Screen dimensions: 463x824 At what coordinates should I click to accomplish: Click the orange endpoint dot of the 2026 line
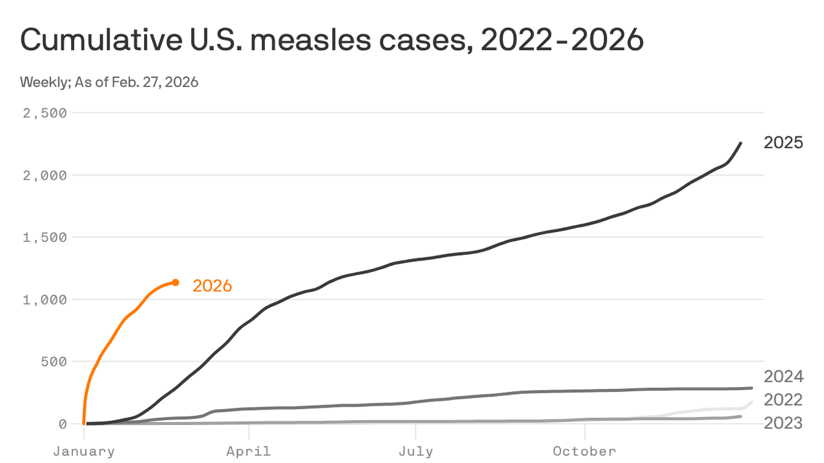pyautogui.click(x=176, y=282)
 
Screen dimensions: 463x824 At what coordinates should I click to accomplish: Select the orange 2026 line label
pyautogui.click(x=212, y=286)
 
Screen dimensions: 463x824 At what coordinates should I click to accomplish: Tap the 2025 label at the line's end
pyautogui.click(x=784, y=143)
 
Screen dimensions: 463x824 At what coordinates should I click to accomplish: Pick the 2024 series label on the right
pyautogui.click(x=784, y=377)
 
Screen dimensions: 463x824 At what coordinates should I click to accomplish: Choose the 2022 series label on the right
pyautogui.click(x=784, y=400)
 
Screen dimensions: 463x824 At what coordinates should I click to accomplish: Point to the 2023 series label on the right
pyautogui.click(x=784, y=423)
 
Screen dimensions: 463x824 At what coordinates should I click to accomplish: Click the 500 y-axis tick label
pyautogui.click(x=52, y=362)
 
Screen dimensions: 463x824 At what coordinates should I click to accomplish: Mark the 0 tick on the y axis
pyautogui.click(x=62, y=424)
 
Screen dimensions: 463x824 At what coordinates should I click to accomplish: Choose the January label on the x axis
pyautogui.click(x=84, y=451)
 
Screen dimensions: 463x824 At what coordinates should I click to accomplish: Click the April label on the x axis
pyautogui.click(x=249, y=451)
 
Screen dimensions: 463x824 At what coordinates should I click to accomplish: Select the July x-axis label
pyautogui.click(x=415, y=451)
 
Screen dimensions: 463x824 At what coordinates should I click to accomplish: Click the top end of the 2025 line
pyautogui.click(x=741, y=143)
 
